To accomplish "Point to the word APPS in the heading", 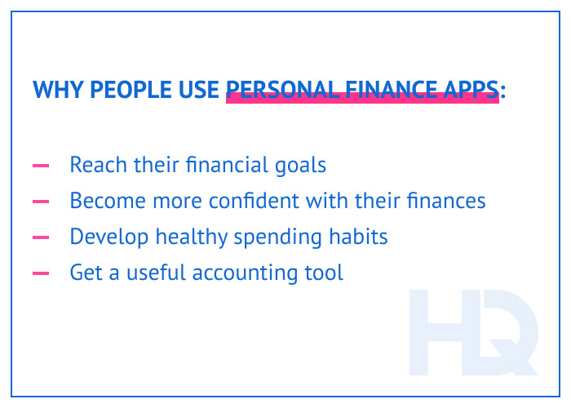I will click(474, 90).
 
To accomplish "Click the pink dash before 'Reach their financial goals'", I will click(41, 166).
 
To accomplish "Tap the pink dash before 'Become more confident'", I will click(41, 201).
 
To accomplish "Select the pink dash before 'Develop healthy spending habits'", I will click(41, 237).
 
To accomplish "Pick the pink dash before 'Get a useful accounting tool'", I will click(41, 273).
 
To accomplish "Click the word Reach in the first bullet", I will click(93, 165).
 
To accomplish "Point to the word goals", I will click(299, 166).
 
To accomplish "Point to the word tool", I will click(325, 272).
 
